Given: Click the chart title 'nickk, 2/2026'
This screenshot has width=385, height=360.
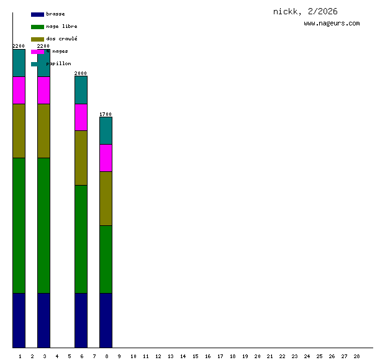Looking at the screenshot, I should click(305, 11).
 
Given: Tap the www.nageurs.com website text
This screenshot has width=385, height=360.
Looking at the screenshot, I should click(332, 23).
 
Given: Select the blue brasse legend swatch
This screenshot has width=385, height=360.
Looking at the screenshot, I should click(37, 14).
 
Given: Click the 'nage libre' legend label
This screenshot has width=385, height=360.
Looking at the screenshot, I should click(61, 26).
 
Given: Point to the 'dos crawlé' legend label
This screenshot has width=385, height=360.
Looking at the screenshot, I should click(61, 38).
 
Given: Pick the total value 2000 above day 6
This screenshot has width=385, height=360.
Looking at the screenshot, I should click(81, 73).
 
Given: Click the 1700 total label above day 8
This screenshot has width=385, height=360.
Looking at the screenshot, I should click(106, 114).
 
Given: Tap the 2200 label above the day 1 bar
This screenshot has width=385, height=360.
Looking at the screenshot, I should click(19, 46).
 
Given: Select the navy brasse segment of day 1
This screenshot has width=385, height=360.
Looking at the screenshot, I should click(19, 320).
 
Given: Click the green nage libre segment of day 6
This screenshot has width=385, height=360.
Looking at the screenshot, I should click(81, 239).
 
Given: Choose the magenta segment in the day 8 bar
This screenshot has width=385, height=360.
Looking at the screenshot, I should click(106, 158).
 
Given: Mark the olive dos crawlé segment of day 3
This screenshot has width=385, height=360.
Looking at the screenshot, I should click(43, 130).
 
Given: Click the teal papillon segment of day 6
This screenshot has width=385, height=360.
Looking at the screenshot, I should click(81, 90).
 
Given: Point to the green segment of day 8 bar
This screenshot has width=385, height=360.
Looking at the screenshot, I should click(106, 259).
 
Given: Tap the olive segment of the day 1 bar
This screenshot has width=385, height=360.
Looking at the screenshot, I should click(19, 130).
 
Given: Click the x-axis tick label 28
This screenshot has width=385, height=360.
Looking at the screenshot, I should click(356, 356).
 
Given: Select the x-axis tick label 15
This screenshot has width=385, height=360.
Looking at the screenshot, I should click(195, 356).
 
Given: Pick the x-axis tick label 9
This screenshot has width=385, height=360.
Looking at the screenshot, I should click(119, 356).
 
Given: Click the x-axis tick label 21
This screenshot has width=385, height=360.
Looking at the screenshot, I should click(269, 356).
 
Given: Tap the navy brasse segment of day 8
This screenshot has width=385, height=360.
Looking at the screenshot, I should click(106, 320).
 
